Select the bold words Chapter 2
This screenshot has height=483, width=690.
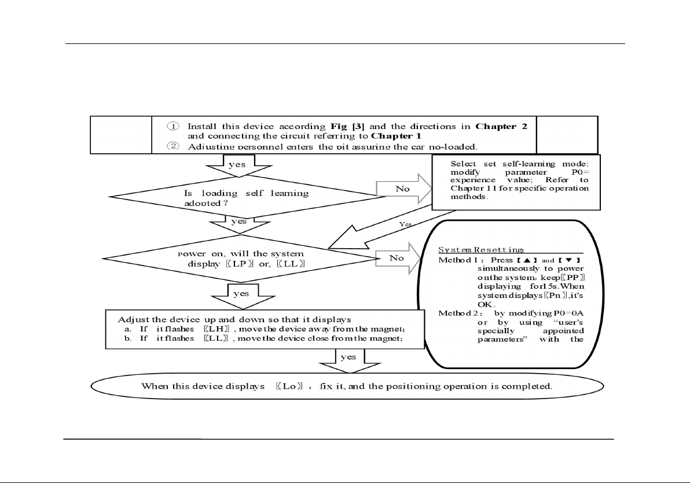coord(501,126)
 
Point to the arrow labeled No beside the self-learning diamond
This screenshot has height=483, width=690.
coord(404,189)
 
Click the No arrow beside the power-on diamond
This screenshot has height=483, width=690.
coord(398,258)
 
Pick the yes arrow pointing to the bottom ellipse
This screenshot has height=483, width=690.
coord(349,361)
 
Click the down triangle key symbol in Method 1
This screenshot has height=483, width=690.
coord(569,260)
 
